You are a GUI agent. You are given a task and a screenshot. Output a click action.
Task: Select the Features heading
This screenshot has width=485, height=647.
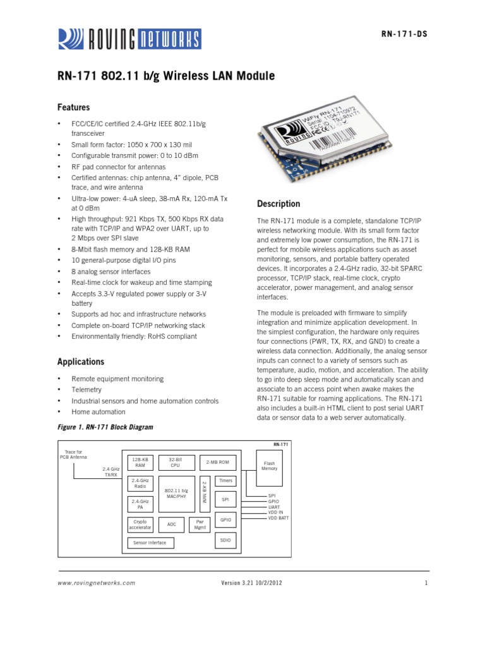(x=73, y=107)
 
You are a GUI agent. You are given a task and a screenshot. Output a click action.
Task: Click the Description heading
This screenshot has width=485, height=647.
(x=278, y=204)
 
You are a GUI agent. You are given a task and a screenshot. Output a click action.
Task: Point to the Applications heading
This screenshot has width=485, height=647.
(x=80, y=362)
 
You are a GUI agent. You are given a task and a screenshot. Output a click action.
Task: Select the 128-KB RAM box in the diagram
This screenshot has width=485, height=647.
(x=140, y=462)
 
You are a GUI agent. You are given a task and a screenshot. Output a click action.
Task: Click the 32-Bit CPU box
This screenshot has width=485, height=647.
(x=175, y=462)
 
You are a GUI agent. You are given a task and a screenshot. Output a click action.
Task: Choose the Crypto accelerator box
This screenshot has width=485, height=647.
(x=140, y=524)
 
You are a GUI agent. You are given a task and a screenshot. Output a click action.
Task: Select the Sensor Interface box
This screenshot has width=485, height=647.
(x=150, y=543)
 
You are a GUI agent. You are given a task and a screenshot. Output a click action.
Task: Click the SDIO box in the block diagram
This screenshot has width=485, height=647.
(x=225, y=541)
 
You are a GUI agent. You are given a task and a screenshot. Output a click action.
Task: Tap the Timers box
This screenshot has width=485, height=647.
(x=225, y=481)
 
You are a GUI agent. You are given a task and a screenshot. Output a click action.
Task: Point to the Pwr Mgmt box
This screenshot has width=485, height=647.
(x=200, y=524)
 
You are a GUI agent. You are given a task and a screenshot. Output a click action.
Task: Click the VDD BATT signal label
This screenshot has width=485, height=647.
(x=278, y=517)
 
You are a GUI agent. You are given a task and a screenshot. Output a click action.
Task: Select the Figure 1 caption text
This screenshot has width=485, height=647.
(x=105, y=427)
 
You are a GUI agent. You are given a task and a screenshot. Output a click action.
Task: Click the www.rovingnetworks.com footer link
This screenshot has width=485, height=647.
(x=96, y=583)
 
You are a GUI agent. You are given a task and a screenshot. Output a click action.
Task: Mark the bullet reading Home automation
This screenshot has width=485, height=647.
(x=99, y=412)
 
